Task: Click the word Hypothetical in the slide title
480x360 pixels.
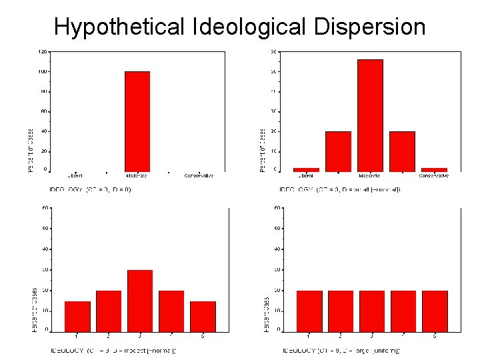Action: coord(119,27)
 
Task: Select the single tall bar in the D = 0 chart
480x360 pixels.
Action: coord(137,121)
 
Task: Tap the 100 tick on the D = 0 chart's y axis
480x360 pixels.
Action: coord(42,71)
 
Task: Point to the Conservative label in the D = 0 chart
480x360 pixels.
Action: coord(198,176)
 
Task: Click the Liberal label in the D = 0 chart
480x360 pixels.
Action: coord(75,176)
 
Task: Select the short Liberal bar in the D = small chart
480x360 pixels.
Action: coord(306,169)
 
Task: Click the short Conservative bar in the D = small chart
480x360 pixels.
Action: coord(434,169)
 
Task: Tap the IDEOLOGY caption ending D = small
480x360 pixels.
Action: coord(340,189)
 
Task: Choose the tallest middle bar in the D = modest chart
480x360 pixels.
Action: coord(140,300)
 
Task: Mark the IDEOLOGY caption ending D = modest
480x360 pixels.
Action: coord(112,351)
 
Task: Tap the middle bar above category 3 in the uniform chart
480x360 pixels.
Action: coord(371,311)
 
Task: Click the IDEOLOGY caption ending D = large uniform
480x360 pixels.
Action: coord(341,351)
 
